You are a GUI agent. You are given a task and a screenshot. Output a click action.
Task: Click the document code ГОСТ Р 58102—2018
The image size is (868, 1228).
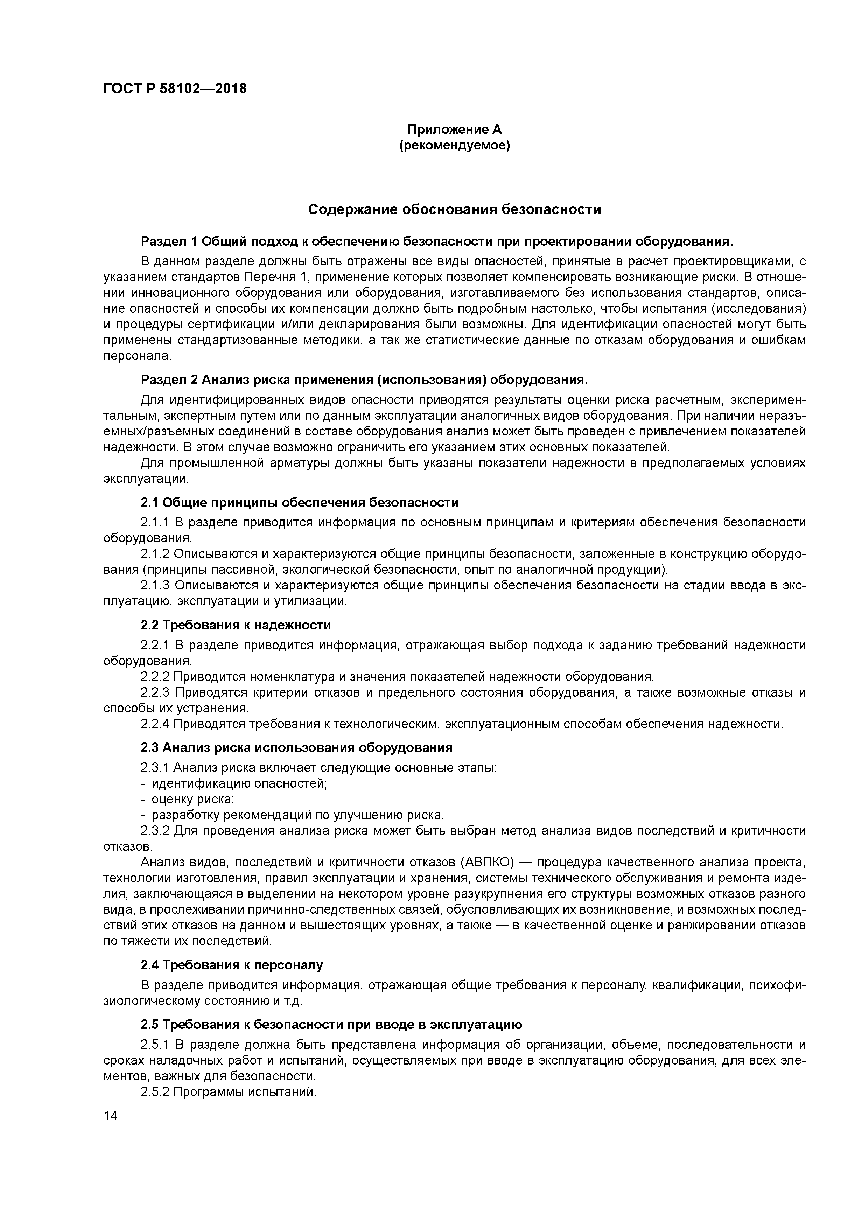pyautogui.click(x=175, y=89)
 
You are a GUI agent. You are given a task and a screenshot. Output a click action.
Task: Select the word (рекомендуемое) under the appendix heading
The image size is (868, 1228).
pyautogui.click(x=455, y=146)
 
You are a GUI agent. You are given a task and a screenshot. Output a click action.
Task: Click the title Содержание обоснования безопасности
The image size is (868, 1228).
pyautogui.click(x=455, y=210)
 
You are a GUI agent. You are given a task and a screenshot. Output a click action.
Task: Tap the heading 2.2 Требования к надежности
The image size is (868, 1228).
pyautogui.click(x=236, y=625)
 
